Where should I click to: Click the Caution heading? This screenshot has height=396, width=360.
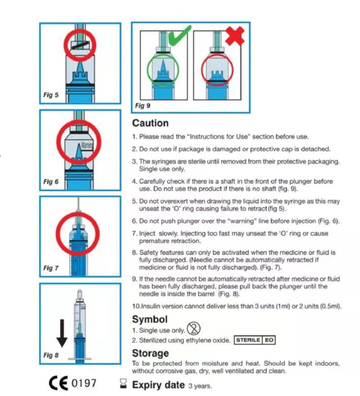click(x=150, y=123)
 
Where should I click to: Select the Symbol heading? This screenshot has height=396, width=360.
click(x=149, y=319)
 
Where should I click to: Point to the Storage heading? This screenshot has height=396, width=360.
click(x=150, y=353)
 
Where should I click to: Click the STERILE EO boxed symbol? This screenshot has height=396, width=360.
click(x=255, y=340)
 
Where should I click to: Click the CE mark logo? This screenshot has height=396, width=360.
click(x=58, y=384)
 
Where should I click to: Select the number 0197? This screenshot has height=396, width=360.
click(x=84, y=384)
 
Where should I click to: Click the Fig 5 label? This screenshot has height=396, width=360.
click(x=50, y=95)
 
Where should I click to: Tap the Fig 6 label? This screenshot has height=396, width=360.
click(x=50, y=182)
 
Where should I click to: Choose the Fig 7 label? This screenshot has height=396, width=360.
click(x=50, y=268)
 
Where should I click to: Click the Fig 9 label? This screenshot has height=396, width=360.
click(x=143, y=106)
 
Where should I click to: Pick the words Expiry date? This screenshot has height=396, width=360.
click(x=158, y=385)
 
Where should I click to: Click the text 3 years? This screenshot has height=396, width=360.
click(x=200, y=386)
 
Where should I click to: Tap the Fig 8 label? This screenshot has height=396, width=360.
click(x=50, y=355)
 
